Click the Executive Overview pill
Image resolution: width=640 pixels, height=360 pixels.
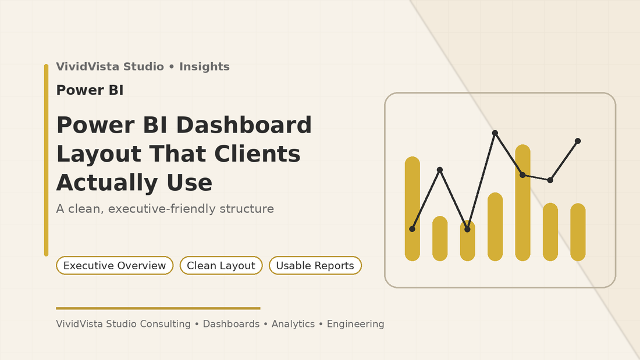[x=115, y=266]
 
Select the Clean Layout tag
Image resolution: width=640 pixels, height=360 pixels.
[x=221, y=266]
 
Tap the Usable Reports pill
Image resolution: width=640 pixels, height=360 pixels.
[x=315, y=266]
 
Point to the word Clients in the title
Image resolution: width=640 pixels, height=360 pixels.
[x=257, y=154]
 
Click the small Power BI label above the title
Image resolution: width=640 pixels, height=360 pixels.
[x=90, y=90]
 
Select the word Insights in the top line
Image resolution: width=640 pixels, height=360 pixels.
[x=204, y=67]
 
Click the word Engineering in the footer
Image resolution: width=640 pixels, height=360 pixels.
[x=355, y=324]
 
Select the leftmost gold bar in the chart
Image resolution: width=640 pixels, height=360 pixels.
[x=412, y=209]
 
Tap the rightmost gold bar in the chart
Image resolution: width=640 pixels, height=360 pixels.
[x=578, y=232]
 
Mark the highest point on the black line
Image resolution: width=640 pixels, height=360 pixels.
[x=495, y=133]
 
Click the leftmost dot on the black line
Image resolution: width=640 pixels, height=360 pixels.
[x=412, y=229]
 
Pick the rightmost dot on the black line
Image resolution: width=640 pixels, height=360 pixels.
[x=578, y=141]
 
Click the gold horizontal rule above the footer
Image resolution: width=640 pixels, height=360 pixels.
[x=158, y=308]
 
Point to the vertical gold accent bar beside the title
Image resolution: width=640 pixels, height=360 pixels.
[x=46, y=160]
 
